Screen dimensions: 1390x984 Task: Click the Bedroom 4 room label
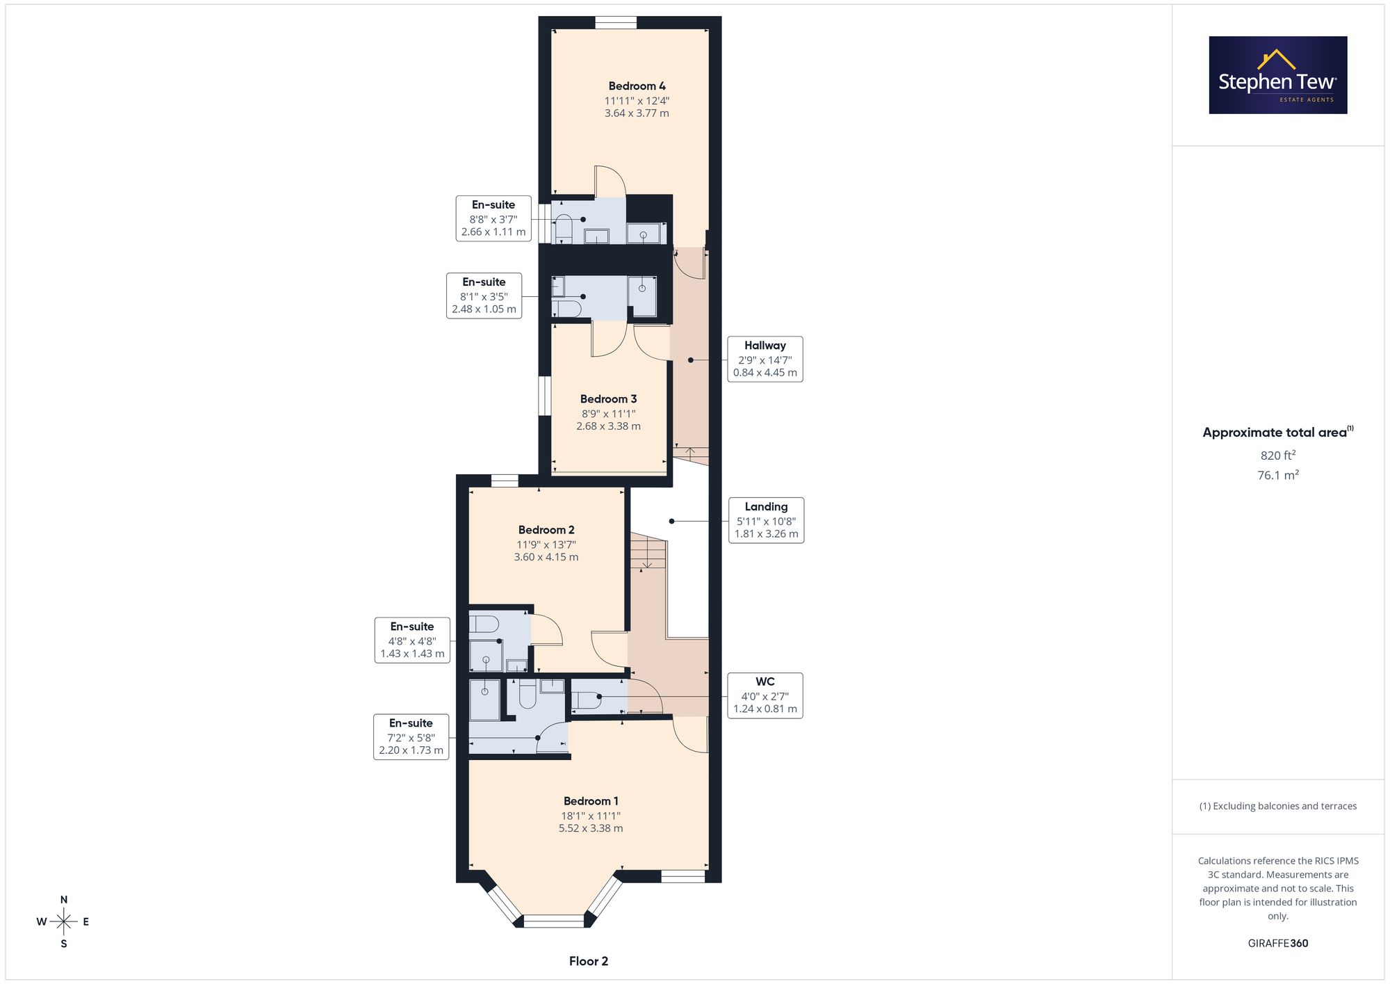637,86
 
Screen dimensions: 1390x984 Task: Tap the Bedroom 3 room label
608,399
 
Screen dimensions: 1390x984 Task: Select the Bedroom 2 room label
546,530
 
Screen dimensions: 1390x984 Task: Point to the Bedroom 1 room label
591,801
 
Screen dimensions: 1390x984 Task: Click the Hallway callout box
764,359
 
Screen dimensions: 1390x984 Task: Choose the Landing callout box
766,520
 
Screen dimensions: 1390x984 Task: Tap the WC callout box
764,695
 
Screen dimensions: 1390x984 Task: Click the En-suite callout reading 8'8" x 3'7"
493,218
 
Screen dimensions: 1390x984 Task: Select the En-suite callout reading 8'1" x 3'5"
484,296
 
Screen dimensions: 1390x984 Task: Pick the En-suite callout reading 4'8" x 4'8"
412,640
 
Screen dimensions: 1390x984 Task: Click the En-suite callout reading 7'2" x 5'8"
411,736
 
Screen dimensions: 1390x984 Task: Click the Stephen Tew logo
1278,75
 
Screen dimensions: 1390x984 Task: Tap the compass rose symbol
63,922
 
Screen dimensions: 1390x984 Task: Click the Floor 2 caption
589,961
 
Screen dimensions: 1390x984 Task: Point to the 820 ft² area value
1278,455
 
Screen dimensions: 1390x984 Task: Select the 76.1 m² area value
1278,475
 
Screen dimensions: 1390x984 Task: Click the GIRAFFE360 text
1278,944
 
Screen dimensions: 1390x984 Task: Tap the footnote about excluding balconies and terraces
1278,806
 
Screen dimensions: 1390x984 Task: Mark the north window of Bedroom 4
616,22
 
